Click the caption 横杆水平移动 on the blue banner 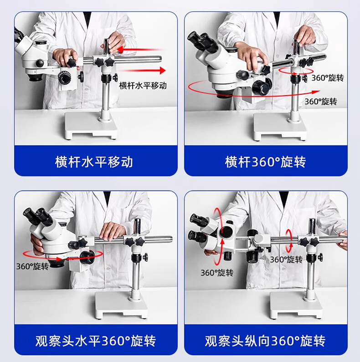[94, 161]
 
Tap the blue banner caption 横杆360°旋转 [265, 161]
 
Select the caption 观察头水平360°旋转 [96, 340]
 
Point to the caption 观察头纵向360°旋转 [265, 340]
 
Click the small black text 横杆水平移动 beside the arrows [143, 85]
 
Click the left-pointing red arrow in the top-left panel [141, 49]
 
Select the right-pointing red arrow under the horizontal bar [142, 70]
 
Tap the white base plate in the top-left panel [91, 126]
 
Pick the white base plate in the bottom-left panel [121, 305]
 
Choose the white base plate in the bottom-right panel [296, 305]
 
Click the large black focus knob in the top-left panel [65, 78]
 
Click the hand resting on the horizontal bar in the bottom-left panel [113, 231]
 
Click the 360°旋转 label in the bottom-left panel [32, 266]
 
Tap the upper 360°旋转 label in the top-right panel [328, 78]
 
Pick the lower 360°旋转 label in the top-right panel [321, 101]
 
